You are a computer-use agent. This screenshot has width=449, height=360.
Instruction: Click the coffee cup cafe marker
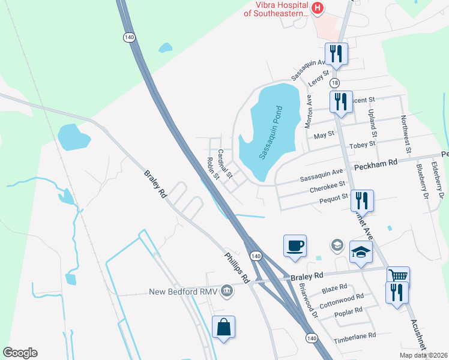tap(295, 246)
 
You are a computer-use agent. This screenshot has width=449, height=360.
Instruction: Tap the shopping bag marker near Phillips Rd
tap(223, 327)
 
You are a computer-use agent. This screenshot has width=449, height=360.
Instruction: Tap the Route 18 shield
tap(334, 83)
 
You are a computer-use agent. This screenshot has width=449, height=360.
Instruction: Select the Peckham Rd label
tap(376, 163)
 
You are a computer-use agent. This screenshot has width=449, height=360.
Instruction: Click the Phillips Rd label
tap(237, 266)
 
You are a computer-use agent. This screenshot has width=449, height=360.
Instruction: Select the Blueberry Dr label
tap(420, 180)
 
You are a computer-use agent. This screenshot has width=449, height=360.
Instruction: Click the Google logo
tap(20, 353)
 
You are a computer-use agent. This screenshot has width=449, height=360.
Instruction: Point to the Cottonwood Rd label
tap(342, 300)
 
